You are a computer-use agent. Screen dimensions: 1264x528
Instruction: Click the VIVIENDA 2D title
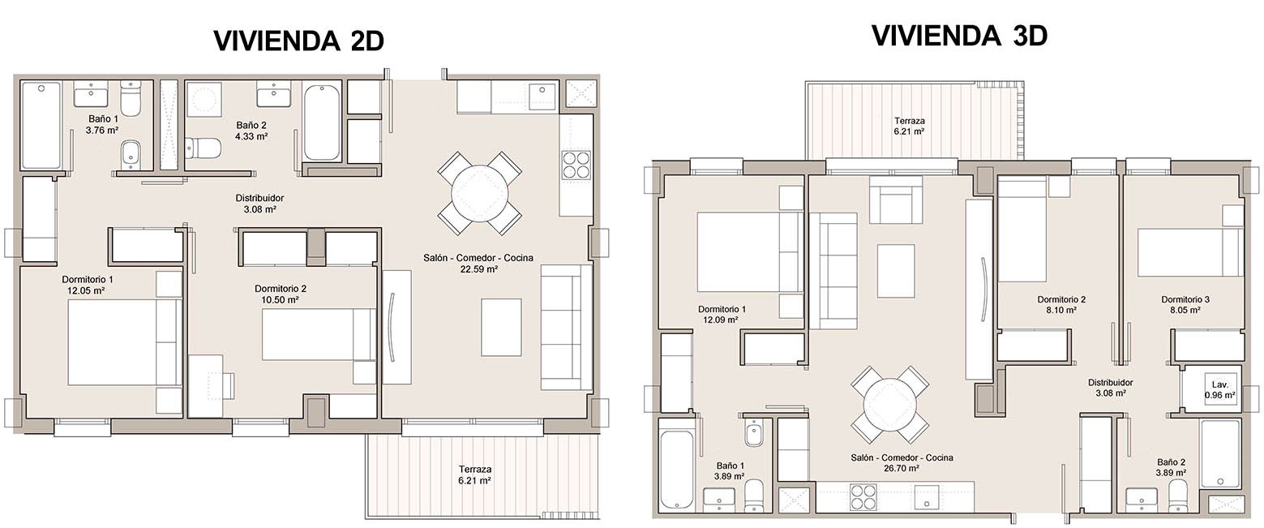(298, 41)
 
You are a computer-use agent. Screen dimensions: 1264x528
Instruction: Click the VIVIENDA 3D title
(959, 36)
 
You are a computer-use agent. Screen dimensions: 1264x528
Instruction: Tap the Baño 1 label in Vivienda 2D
(103, 119)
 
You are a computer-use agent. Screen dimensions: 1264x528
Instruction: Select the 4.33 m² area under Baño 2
(251, 136)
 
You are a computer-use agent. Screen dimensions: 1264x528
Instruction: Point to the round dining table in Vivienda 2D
(480, 193)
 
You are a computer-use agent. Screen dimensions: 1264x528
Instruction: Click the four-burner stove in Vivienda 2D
(576, 165)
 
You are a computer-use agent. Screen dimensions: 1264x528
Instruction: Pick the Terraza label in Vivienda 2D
(474, 470)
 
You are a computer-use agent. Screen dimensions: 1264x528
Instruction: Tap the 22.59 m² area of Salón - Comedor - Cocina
(478, 269)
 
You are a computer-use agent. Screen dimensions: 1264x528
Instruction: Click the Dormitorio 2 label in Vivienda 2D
(281, 289)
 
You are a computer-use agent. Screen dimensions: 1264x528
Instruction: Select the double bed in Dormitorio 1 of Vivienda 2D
(125, 342)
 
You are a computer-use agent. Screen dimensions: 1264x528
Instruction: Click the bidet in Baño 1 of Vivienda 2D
(131, 153)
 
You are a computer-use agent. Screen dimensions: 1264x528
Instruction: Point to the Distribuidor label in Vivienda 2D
(259, 198)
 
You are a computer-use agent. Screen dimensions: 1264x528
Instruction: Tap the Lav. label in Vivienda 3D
(1219, 384)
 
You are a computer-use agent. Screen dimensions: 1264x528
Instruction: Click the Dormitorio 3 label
(1185, 299)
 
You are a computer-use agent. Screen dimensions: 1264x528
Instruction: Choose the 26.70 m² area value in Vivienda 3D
(901, 468)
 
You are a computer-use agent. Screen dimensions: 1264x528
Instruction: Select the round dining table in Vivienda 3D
(890, 405)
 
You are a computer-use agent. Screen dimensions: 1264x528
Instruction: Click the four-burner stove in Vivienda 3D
(863, 497)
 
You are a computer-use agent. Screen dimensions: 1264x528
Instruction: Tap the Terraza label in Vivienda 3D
(909, 121)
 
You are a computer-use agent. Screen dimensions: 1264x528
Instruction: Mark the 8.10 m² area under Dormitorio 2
(1060, 310)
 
